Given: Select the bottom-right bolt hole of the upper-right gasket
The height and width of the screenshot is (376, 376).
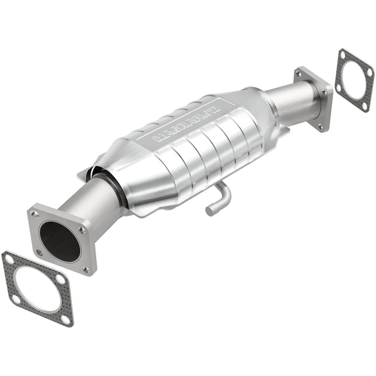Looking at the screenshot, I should click(x=365, y=106).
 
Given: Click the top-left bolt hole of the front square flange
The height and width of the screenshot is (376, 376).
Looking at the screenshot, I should click(x=35, y=214).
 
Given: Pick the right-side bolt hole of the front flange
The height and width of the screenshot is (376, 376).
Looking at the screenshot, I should click(x=82, y=230).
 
